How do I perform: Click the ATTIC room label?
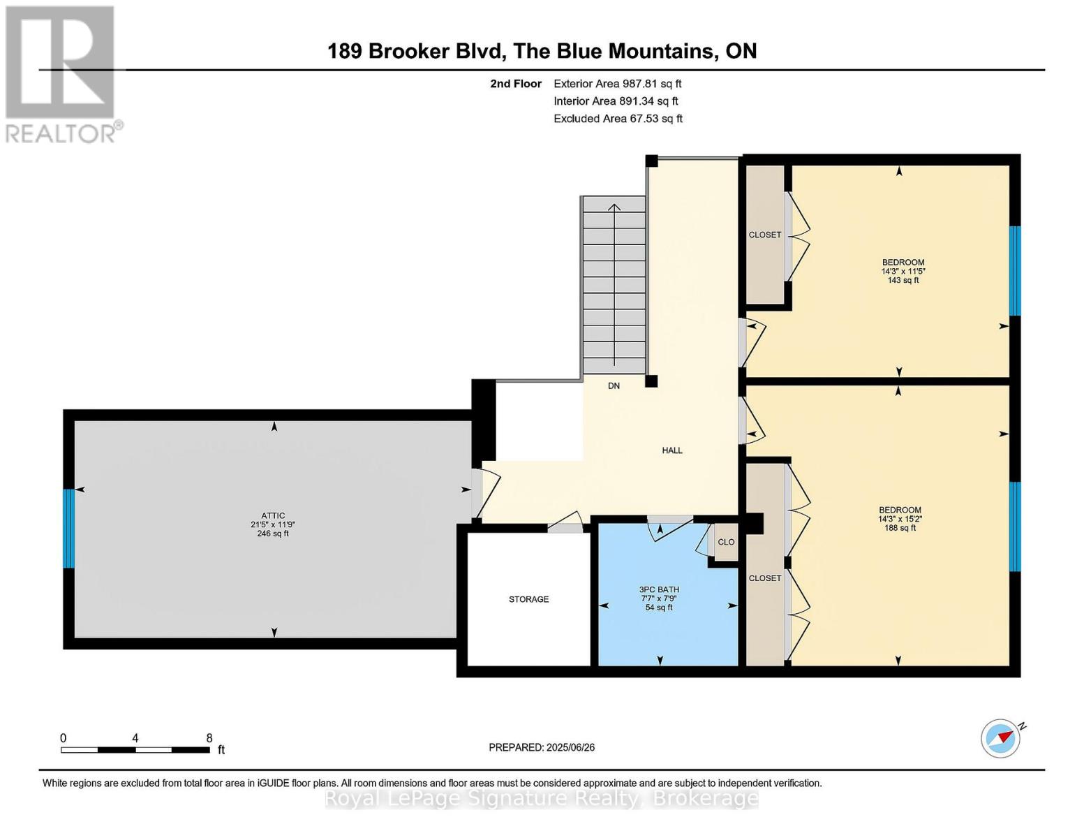click(x=273, y=515)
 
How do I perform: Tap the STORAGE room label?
click(x=528, y=599)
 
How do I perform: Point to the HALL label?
click(x=672, y=450)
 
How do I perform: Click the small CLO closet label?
click(x=726, y=542)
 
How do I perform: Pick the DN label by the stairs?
click(x=614, y=385)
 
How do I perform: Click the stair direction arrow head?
click(x=614, y=207)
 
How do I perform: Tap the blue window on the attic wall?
click(x=68, y=528)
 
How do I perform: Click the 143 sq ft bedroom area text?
click(x=903, y=281)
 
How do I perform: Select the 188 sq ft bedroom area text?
click(x=900, y=527)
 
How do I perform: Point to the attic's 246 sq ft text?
click(x=273, y=534)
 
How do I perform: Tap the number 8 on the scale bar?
click(x=209, y=737)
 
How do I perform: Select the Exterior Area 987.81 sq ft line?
click(x=618, y=84)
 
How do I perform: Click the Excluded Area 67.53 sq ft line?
click(x=618, y=119)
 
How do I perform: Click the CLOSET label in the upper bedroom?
click(x=765, y=235)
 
